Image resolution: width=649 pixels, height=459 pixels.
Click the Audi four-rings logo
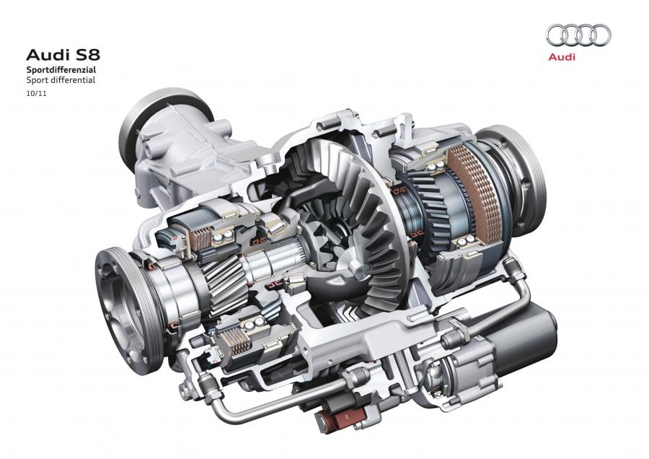coord(578,35)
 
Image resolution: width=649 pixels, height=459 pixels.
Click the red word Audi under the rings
coord(562,57)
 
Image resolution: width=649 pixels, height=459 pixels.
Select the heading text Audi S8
coord(63,55)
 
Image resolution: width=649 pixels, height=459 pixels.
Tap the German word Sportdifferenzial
coord(61,69)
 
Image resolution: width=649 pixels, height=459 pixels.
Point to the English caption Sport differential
coord(61,80)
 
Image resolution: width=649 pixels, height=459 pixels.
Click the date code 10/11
coord(37,93)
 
